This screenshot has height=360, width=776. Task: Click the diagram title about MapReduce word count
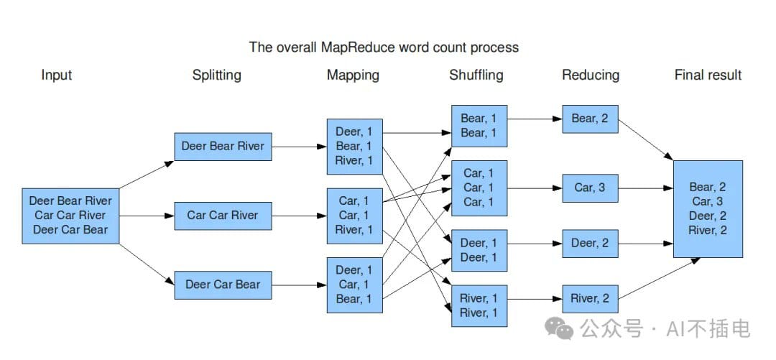(384, 47)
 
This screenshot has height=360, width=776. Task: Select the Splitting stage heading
(217, 75)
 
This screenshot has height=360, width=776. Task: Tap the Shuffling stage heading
(476, 75)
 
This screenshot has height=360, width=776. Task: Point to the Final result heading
(708, 75)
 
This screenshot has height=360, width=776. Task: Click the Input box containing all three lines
(70, 216)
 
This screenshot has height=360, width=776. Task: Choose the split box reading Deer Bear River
(223, 147)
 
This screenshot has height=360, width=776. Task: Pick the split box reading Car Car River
(223, 216)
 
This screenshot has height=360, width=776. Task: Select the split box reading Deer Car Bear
(223, 285)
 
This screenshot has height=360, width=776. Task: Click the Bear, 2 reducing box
(591, 119)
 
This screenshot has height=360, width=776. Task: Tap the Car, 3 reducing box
(591, 188)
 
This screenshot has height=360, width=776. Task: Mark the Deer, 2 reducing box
(591, 244)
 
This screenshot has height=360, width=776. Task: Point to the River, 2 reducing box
(591, 299)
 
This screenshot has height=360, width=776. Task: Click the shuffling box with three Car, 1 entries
(479, 188)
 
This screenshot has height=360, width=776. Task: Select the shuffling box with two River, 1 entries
(479, 306)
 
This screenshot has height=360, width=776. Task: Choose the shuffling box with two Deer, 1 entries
(479, 251)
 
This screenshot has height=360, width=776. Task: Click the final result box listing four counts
(708, 209)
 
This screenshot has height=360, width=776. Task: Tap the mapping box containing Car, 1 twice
(355, 216)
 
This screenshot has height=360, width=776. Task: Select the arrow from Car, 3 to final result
(646, 188)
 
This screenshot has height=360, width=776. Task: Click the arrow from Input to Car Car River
(147, 216)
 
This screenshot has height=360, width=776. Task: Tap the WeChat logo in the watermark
(559, 328)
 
